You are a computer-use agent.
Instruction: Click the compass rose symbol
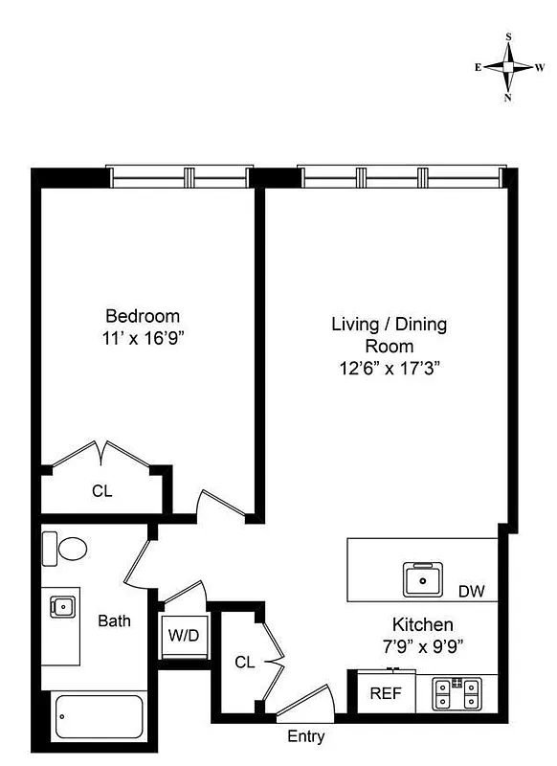[x=508, y=67]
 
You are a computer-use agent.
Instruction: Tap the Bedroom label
[x=143, y=316]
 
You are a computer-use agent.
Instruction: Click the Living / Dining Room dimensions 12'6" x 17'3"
[x=389, y=367]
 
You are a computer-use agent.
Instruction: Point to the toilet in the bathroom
[x=67, y=550]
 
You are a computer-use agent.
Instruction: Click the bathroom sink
[x=62, y=606]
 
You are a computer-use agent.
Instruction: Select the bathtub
[x=100, y=712]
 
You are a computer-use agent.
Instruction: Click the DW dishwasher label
[x=471, y=592]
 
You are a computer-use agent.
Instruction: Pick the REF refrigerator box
[x=387, y=693]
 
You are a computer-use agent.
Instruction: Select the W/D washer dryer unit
[x=184, y=634]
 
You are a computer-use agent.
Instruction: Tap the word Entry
[x=306, y=737]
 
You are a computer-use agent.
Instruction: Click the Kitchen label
[x=414, y=624]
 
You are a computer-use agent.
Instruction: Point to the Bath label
[x=115, y=620]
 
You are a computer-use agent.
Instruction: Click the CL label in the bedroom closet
[x=102, y=492]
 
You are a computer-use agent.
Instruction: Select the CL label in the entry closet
[x=245, y=662]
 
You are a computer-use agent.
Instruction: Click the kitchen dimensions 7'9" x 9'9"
[x=414, y=646]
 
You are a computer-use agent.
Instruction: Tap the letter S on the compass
[x=508, y=36]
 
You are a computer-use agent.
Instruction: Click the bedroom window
[x=181, y=177]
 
